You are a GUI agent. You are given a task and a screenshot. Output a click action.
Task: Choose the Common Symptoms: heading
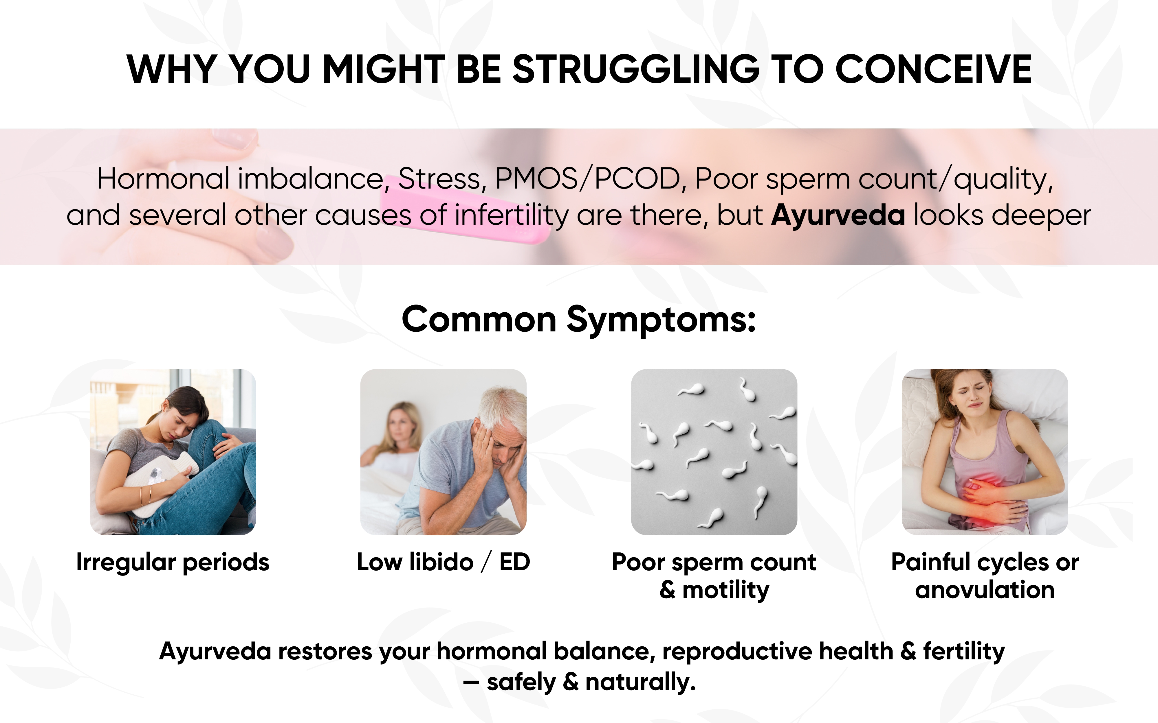click(579, 319)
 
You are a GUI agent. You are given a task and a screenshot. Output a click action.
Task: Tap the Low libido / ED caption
click(444, 562)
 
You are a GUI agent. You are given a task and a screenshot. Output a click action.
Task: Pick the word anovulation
click(985, 590)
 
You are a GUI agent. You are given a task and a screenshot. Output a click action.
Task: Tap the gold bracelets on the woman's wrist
click(145, 496)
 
